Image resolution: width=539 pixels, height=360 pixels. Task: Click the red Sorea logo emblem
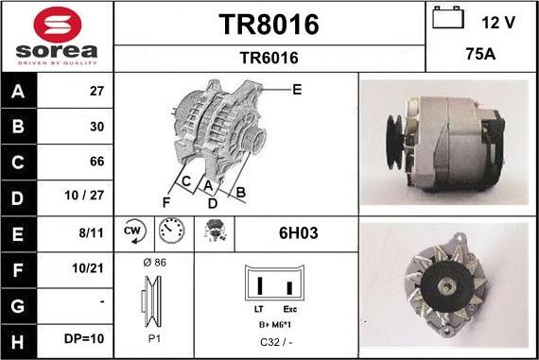tap(58, 25)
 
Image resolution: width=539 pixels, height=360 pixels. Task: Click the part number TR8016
tap(269, 25)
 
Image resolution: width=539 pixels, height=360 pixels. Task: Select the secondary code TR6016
tap(269, 58)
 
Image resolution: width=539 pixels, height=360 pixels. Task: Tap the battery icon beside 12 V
tap(448, 18)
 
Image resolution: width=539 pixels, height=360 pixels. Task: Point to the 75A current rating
tap(480, 54)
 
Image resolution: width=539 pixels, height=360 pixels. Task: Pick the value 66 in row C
tap(97, 162)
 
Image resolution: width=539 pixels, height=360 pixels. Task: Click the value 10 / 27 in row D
tap(84, 195)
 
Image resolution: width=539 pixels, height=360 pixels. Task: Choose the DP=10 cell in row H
tap(84, 338)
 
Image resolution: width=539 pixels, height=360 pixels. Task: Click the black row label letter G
tap(18, 306)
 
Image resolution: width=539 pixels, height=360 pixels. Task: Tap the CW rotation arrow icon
tap(134, 231)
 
